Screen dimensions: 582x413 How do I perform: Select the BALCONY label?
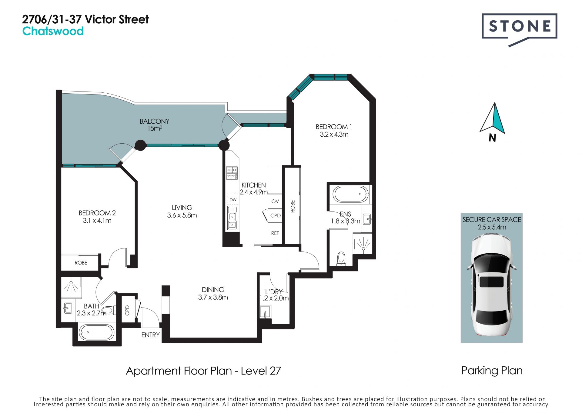click(x=155, y=121)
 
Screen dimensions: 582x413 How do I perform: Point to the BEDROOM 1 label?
click(x=334, y=127)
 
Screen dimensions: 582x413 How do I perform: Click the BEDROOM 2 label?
click(x=97, y=213)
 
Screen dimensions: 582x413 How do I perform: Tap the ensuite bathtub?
click(x=351, y=194)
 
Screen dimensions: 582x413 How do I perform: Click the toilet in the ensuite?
click(x=341, y=258)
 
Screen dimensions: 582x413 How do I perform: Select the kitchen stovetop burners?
click(x=232, y=173)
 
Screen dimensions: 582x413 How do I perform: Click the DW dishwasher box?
click(x=233, y=199)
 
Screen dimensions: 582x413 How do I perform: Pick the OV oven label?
click(x=275, y=201)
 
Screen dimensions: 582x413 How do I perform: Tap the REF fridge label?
click(x=275, y=233)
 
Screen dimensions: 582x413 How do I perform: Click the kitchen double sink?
click(x=232, y=218)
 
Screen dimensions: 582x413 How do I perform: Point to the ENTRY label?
click(x=150, y=335)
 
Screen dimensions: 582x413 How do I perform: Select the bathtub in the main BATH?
click(x=96, y=332)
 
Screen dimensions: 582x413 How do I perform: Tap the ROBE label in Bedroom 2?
click(x=81, y=263)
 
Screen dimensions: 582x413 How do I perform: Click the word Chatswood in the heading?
click(x=53, y=31)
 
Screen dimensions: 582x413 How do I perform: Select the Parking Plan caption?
click(x=492, y=371)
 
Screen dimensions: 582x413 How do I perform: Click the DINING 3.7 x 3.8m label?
click(x=213, y=293)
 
